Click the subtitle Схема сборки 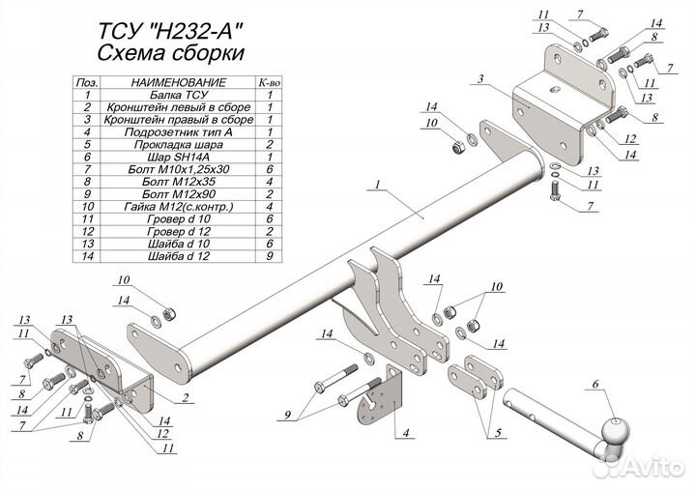point(171,52)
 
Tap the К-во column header point(269,85)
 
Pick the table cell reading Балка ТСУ point(164,97)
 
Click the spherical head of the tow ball point(613,431)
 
